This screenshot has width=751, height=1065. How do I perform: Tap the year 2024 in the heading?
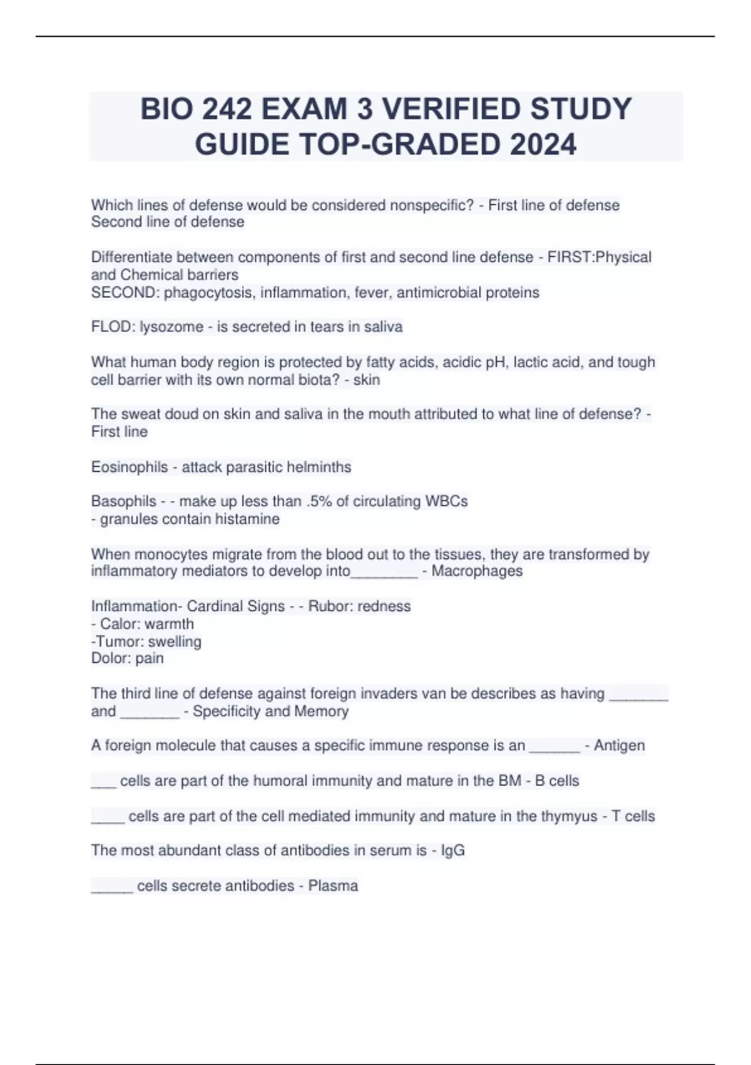coord(543,145)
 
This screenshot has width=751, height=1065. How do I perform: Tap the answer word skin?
coord(367,380)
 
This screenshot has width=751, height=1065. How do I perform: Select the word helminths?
coord(317,467)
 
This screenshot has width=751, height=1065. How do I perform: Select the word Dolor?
coord(109,658)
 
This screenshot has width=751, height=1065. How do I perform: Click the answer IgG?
coord(452,851)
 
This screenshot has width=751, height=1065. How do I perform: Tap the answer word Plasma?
coord(333,886)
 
